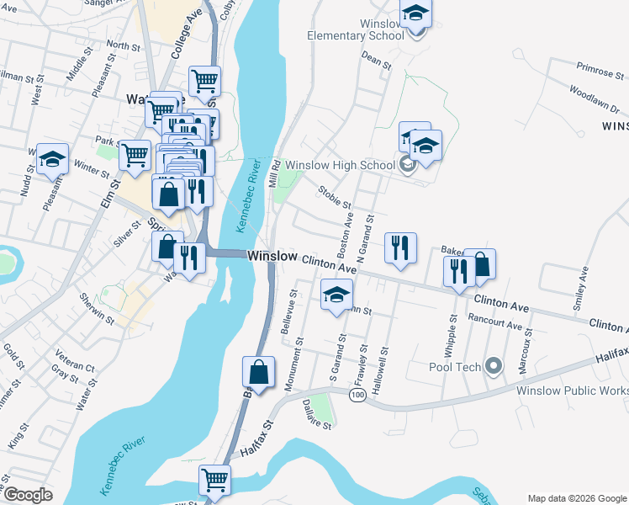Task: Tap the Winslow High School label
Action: (340, 165)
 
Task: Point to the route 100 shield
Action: (358, 395)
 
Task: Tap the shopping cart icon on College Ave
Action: (204, 82)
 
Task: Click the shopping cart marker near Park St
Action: (135, 155)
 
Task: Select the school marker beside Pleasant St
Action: (53, 159)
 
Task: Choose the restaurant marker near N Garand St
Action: (399, 247)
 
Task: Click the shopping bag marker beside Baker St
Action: (480, 264)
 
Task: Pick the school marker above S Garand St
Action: (336, 295)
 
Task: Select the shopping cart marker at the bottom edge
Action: (214, 480)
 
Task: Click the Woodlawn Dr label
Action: (594, 98)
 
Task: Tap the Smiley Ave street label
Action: (579, 290)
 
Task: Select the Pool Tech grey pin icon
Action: (494, 367)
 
